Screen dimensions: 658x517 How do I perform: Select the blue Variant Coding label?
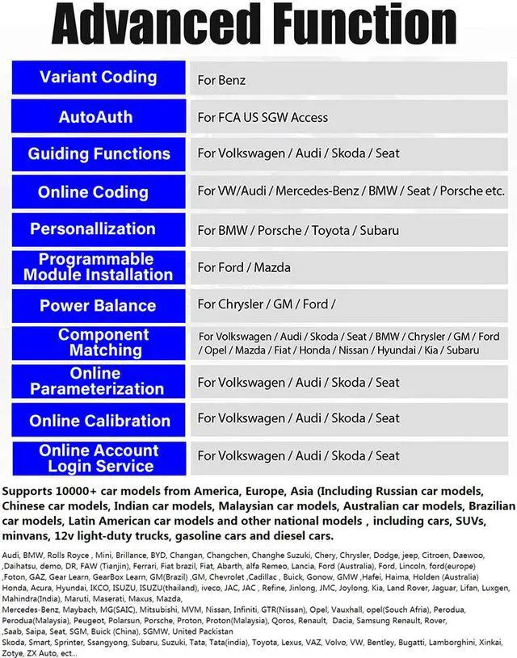98,78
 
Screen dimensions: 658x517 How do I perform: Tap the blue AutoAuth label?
98,116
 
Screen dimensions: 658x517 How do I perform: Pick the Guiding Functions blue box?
98,153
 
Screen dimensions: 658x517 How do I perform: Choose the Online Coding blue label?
98,192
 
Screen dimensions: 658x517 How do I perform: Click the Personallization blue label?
98,229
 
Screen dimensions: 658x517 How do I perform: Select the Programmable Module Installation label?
98,267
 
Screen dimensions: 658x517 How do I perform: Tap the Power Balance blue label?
98,305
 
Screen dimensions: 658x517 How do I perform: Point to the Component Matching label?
98,342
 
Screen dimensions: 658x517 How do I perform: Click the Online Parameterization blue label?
98,381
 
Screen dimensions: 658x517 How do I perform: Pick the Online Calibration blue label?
98,420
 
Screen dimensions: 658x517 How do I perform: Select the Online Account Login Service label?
98,458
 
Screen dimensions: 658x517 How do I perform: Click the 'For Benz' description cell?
222,80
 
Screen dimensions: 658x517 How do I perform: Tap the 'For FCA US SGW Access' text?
263,117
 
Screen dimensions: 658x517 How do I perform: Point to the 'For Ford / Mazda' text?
244,267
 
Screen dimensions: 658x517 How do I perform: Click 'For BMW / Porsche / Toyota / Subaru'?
298,230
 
